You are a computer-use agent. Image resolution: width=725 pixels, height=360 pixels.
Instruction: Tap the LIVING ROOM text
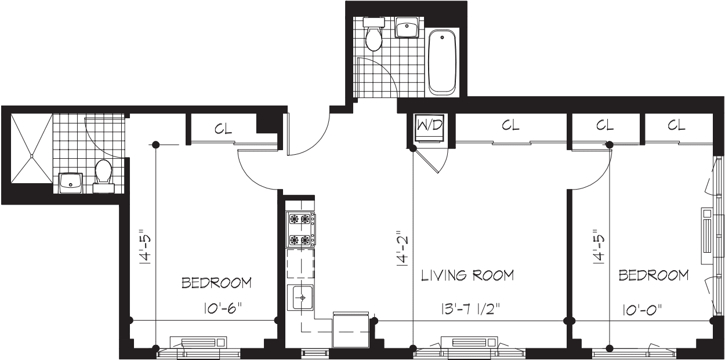click(467, 275)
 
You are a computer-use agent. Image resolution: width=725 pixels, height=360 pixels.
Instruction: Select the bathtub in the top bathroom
click(443, 63)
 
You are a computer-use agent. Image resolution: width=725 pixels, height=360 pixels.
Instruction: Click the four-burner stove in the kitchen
click(301, 230)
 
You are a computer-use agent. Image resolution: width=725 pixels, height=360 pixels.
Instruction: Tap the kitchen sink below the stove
click(300, 299)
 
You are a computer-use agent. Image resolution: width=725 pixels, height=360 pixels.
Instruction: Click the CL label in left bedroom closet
click(223, 129)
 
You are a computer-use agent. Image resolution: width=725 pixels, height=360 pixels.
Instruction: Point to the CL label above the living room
click(510, 125)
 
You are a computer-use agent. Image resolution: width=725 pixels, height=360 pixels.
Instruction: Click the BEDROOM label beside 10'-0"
click(654, 275)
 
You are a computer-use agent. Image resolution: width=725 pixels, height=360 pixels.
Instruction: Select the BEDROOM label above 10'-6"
click(216, 283)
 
